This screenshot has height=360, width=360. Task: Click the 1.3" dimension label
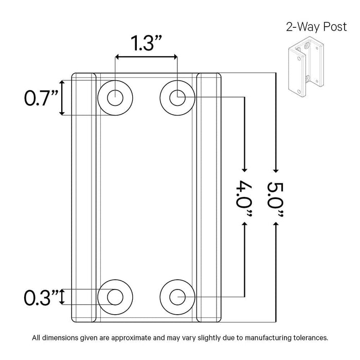146,43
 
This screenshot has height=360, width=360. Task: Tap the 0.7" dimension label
41,97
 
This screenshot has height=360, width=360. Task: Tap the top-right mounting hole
177,96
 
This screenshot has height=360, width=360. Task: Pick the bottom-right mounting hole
177,297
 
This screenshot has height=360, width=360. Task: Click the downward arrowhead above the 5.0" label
276,169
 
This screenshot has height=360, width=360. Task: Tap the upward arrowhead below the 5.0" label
276,226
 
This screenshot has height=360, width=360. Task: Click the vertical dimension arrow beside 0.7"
62,98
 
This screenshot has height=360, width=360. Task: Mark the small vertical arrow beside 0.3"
63,297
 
